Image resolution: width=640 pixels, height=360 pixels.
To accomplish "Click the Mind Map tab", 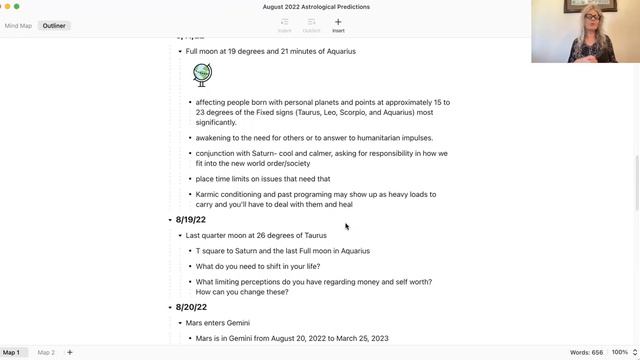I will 18,25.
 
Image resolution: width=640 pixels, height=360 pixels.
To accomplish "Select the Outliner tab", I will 54,25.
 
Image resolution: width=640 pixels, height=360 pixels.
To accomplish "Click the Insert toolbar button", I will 338,25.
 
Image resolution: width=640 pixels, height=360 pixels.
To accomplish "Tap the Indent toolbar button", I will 285,25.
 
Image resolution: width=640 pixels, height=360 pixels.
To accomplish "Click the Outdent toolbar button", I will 311,25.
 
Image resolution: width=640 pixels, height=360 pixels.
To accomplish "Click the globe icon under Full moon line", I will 202,73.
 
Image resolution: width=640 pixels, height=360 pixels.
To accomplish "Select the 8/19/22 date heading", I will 190,220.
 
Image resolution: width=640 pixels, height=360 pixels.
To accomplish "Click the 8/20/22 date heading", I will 190,308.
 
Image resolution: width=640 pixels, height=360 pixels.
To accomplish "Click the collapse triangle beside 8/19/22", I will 170,220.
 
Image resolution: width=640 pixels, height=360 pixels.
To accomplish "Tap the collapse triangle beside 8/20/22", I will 170,308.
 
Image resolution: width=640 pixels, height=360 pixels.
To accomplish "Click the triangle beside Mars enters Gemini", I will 180,323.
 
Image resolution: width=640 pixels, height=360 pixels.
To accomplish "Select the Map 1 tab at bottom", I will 11,352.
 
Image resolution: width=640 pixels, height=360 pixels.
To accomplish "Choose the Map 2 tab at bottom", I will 46,352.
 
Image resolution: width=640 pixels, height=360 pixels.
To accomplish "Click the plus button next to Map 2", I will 70,352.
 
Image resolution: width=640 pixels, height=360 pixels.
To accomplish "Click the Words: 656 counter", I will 586,352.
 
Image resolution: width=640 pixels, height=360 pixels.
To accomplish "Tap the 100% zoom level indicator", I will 619,352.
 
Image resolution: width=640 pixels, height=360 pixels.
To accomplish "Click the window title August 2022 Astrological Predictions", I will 316,7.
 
